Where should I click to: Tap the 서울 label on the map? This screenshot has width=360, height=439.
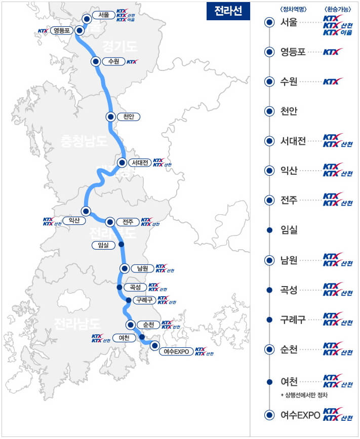[104, 15]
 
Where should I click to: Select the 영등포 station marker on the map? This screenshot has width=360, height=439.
[79, 30]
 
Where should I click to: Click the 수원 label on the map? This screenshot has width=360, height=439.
[113, 61]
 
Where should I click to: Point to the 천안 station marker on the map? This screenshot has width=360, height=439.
[110, 116]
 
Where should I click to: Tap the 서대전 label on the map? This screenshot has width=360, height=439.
[139, 163]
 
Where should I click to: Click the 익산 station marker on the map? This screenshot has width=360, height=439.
[86, 211]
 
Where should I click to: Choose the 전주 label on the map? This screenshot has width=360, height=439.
[128, 222]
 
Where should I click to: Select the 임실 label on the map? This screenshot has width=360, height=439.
[103, 245]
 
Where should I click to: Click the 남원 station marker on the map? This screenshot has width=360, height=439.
[124, 268]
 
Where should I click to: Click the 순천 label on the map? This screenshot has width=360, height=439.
[148, 325]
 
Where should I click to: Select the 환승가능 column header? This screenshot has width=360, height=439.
[337, 9]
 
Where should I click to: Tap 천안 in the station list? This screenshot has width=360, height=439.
[289, 111]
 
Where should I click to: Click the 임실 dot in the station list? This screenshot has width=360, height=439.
[269, 230]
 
